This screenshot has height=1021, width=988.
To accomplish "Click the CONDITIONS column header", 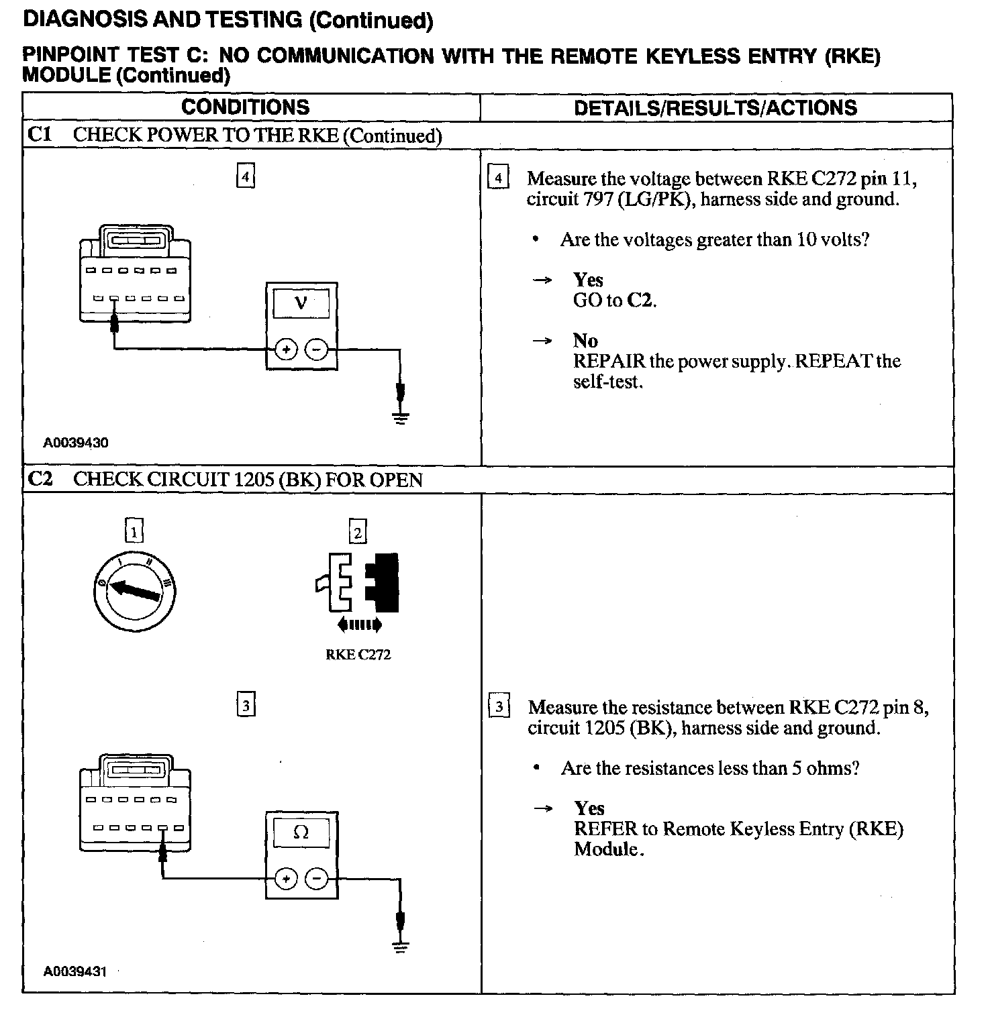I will coord(245,107).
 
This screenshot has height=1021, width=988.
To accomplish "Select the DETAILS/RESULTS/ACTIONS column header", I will coord(715,108).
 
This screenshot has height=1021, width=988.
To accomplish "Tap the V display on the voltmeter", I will coord(301,303).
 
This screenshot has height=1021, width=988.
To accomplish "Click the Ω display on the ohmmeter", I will coord(301,832).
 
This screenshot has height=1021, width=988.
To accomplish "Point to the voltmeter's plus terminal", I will coord(286,350).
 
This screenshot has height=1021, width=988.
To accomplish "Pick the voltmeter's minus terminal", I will coord(317,350).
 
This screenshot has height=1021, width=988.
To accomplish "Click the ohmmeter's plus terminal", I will coord(286,879).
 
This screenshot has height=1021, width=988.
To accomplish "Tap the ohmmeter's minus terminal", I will coord(317,879).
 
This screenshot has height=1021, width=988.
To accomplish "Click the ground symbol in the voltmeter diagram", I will coord(401,418).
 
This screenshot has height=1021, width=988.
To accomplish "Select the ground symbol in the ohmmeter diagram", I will coord(401,947).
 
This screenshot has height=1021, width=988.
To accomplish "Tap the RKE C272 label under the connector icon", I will coord(358,655).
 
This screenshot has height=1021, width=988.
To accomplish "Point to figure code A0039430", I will coord(76,443).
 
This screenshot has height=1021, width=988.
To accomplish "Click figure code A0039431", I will coord(76,971).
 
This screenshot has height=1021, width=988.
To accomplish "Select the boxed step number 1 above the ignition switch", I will coord(134,532).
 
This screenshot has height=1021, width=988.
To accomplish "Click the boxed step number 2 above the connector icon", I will coord(358,532).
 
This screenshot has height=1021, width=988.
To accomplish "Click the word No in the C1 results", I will coord(585,341).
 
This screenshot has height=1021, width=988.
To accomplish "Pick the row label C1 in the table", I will coord(40,135).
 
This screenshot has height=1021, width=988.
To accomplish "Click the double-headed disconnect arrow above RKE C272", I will coord(359,625).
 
